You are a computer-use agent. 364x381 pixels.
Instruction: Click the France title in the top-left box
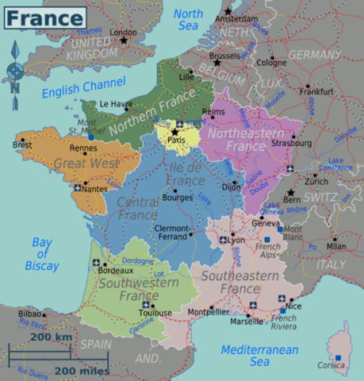(45, 17)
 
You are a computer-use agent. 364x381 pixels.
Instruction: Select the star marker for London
(124, 40)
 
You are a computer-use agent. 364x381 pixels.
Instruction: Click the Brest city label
(23, 145)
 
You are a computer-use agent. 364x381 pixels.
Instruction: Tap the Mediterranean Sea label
(259, 356)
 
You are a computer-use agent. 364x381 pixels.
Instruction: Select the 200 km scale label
(52, 338)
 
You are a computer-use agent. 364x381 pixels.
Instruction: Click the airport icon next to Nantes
(77, 189)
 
